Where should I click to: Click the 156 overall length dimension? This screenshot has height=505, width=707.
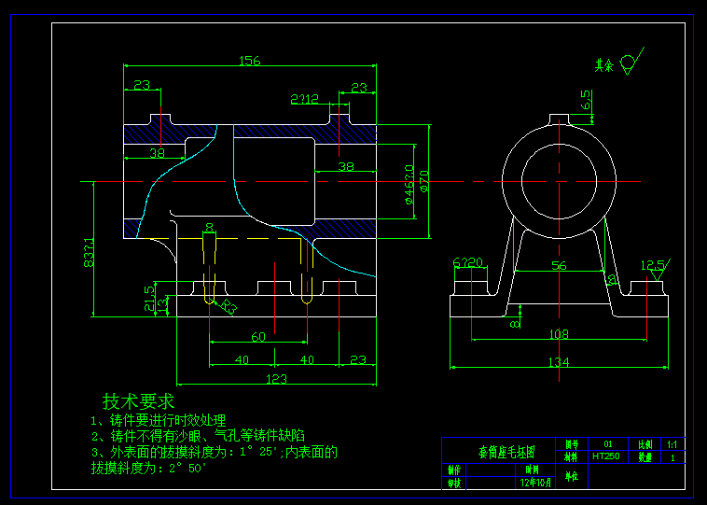pyautogui.click(x=249, y=61)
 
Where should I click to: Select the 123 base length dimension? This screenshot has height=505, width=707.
pyautogui.click(x=276, y=379)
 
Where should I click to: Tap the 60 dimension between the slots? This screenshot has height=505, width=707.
pyautogui.click(x=258, y=336)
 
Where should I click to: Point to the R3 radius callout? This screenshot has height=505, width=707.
pyautogui.click(x=229, y=306)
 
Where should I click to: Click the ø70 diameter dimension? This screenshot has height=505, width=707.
pyautogui.click(x=424, y=180)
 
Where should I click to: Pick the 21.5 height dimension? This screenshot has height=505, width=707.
pyautogui.click(x=149, y=296)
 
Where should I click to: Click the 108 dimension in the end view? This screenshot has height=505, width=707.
pyautogui.click(x=558, y=334)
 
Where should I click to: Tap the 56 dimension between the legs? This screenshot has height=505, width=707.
pyautogui.click(x=558, y=266)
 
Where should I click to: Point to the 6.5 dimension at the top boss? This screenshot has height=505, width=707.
pyautogui.click(x=585, y=100)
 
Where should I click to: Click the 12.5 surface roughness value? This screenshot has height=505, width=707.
pyautogui.click(x=654, y=264)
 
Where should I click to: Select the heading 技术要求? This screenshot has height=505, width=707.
pyautogui.click(x=138, y=401)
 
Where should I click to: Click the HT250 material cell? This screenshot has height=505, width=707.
pyautogui.click(x=606, y=456)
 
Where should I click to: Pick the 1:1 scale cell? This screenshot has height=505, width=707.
pyautogui.click(x=672, y=445)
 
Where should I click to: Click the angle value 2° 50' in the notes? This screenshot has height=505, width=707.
pyautogui.click(x=187, y=468)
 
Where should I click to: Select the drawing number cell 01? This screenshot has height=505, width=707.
pyautogui.click(x=608, y=444)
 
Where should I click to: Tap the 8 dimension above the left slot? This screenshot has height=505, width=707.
pyautogui.click(x=209, y=227)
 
